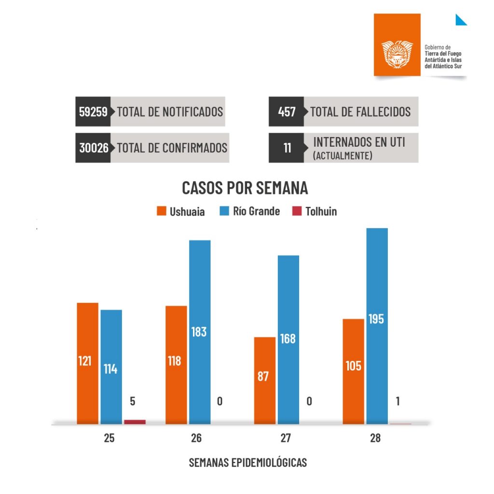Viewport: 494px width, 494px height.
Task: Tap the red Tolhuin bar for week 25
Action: point(135,422)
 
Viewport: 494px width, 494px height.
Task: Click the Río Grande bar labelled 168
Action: point(288,340)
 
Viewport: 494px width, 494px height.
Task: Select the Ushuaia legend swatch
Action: point(162,211)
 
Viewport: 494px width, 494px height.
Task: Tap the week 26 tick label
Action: point(196,439)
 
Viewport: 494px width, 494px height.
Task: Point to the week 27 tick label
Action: point(286,439)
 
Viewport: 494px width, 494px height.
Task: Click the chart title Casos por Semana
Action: point(245,188)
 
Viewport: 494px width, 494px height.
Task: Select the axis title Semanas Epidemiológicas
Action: point(247,462)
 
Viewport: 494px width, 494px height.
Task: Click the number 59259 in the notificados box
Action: point(94,112)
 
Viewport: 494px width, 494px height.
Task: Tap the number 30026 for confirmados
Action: point(94,148)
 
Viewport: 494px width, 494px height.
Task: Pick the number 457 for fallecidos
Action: point(287,112)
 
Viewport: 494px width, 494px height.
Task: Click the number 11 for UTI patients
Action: point(287,148)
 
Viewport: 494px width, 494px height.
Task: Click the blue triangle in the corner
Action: point(461,20)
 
